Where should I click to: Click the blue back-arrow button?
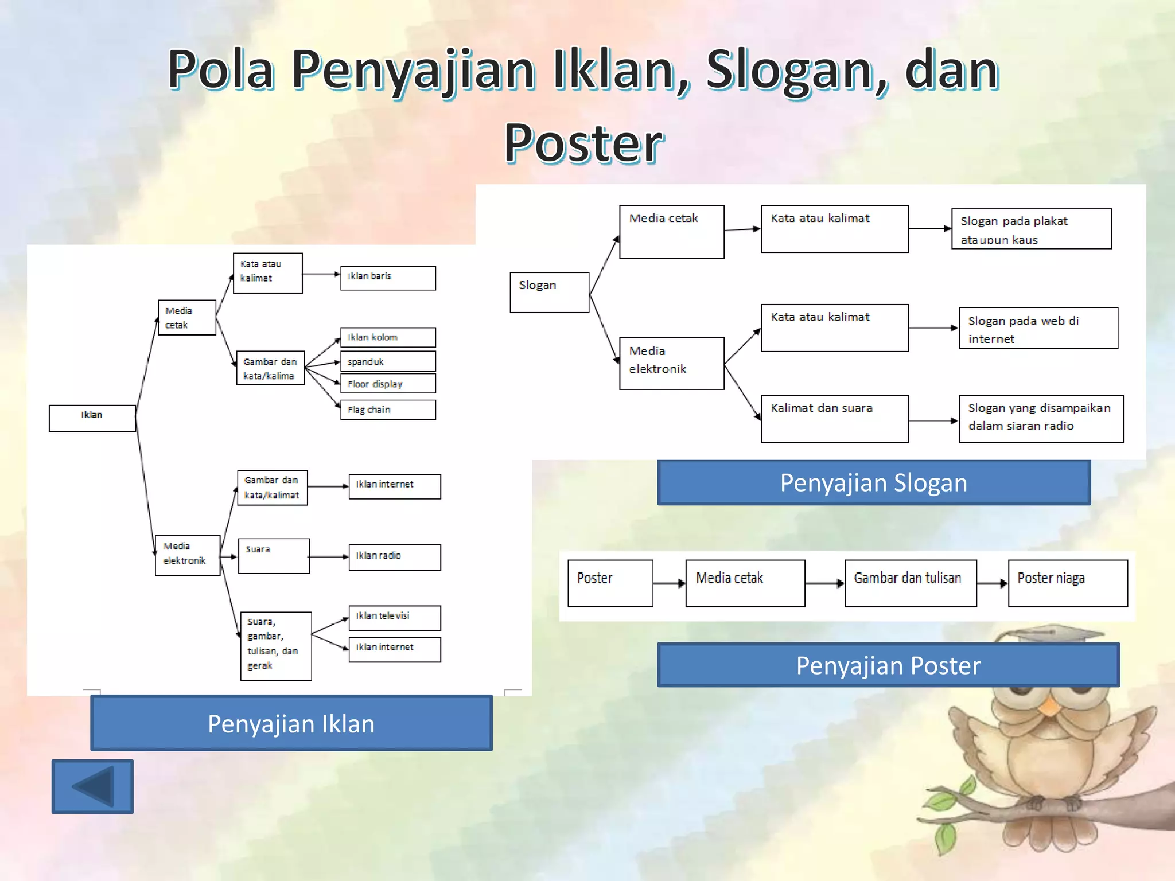pyautogui.click(x=92, y=786)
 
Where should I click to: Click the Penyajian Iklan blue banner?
pyautogui.click(x=291, y=723)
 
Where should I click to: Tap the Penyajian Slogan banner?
pyautogui.click(x=873, y=483)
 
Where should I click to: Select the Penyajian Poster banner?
pyautogui.click(x=888, y=665)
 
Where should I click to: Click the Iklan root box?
pyautogui.click(x=92, y=418)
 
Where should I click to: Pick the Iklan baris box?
pyautogui.click(x=388, y=278)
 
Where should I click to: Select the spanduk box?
pyautogui.click(x=388, y=362)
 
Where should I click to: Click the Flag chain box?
pyautogui.click(x=388, y=410)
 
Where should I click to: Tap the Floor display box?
pyautogui.click(x=388, y=384)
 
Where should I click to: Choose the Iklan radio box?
pyautogui.click(x=395, y=557)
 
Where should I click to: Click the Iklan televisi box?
pyautogui.click(x=395, y=618)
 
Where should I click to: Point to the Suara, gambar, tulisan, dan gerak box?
pyautogui.click(x=276, y=646)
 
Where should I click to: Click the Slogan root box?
pyautogui.click(x=549, y=293)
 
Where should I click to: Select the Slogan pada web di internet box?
pyautogui.click(x=1038, y=328)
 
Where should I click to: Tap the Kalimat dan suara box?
pyautogui.click(x=834, y=419)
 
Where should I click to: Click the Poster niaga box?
pyautogui.click(x=1068, y=583)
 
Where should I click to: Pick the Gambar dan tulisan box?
pyautogui.click(x=911, y=583)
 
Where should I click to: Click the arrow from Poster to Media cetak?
pyautogui.click(x=669, y=583)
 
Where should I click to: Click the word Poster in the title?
pyautogui.click(x=583, y=143)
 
